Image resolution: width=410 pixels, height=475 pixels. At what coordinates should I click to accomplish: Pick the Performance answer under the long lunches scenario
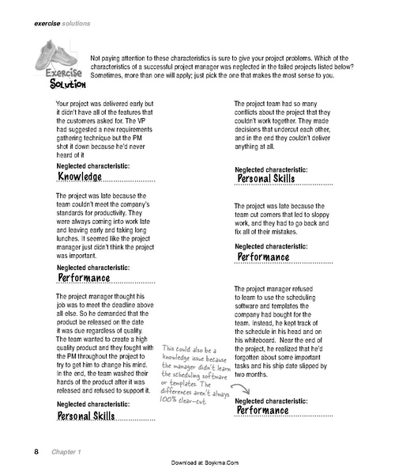coord(85,278)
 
